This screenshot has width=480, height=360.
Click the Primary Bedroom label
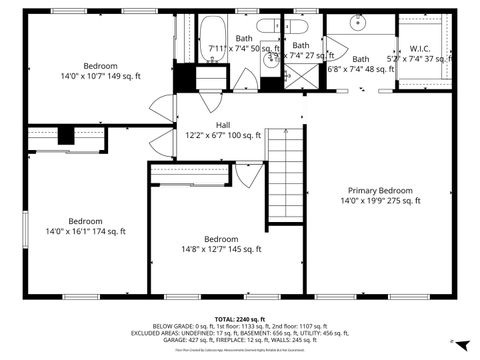click(x=379, y=190)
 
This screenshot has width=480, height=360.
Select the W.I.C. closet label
click(x=420, y=48)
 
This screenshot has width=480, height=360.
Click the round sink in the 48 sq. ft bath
click(x=356, y=22)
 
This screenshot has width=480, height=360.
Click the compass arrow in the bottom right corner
click(x=452, y=343)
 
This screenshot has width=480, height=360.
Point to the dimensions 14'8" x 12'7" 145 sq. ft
click(x=221, y=249)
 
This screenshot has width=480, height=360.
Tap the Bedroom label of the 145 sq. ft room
click(x=221, y=239)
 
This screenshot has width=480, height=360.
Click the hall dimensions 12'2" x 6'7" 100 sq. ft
click(x=222, y=135)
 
